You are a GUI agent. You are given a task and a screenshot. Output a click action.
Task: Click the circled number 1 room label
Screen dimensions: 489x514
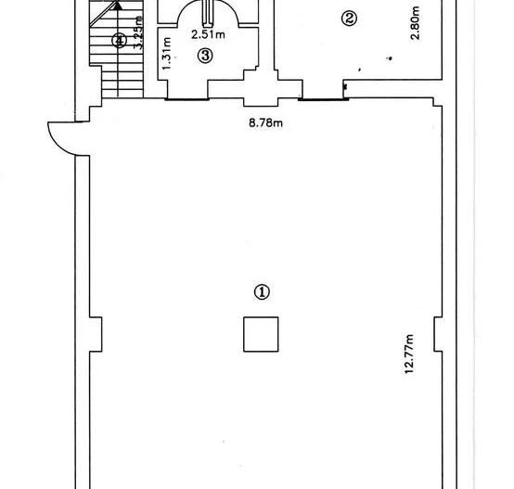coord(263,291)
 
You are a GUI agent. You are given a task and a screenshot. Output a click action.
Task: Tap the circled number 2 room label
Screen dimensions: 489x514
coord(350,18)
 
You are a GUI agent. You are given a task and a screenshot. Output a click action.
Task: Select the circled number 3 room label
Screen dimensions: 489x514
coord(206,56)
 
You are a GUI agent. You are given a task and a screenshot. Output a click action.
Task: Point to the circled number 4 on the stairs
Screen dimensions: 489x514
coord(118,40)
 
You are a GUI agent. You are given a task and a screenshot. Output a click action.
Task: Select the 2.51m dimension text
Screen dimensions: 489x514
coord(207,35)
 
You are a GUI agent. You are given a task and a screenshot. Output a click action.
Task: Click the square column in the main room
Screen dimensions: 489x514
coord(261,334)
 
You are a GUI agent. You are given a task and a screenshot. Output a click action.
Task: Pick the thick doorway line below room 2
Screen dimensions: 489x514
coord(322,97)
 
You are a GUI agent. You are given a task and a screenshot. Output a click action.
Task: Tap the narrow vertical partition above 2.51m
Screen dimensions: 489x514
coord(207,14)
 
